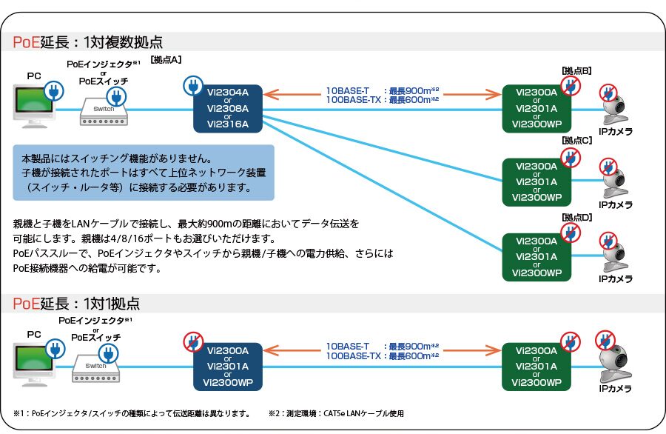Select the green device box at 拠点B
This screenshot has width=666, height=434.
[x=537, y=108]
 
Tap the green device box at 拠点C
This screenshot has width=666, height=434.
[x=537, y=181]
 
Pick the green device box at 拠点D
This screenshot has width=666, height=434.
[x=537, y=256]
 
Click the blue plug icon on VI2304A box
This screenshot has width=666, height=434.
[x=192, y=86]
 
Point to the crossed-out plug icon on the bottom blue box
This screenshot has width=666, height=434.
[x=193, y=341]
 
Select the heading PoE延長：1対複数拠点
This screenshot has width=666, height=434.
[x=87, y=41]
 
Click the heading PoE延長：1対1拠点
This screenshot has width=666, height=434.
[x=75, y=303]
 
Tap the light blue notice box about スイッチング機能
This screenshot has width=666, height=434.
[x=144, y=173]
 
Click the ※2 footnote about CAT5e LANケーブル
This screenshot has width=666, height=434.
[x=336, y=413]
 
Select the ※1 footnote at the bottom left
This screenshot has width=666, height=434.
[x=131, y=413]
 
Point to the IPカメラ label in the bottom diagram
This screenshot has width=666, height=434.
[x=616, y=389]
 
